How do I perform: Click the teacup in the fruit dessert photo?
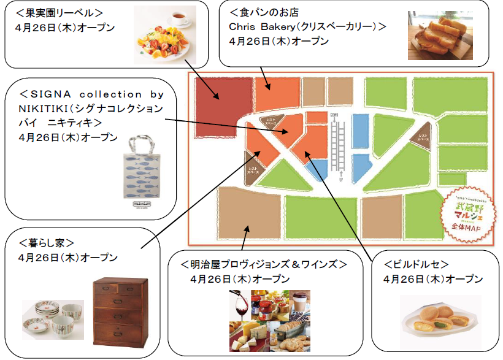pyautogui.click(x=181, y=18)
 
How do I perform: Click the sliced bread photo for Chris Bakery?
pyautogui.click(x=437, y=36)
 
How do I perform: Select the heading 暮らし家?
pyautogui.click(x=46, y=243)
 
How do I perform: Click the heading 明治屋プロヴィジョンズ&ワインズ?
pyautogui.click(x=264, y=264)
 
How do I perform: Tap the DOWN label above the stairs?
pyautogui.click(x=334, y=115)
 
